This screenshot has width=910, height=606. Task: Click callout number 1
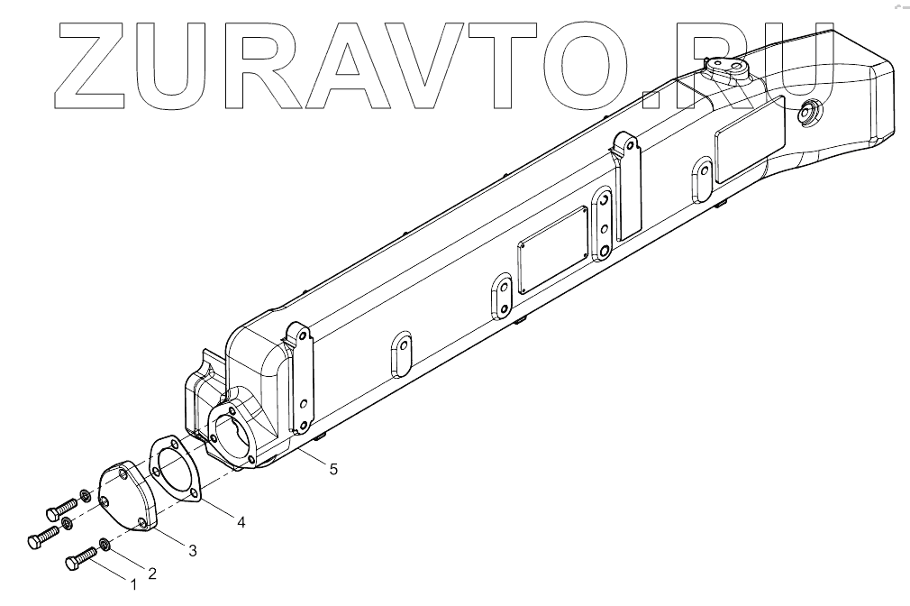(133, 584)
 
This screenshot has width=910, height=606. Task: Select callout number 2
(151, 572)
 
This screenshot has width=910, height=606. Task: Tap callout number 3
(192, 549)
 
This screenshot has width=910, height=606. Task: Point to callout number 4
(241, 521)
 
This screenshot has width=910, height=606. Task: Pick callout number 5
(333, 469)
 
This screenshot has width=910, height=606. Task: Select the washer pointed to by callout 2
(105, 543)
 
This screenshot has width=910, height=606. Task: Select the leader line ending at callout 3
(168, 537)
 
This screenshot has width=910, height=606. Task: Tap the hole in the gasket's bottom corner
(194, 491)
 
